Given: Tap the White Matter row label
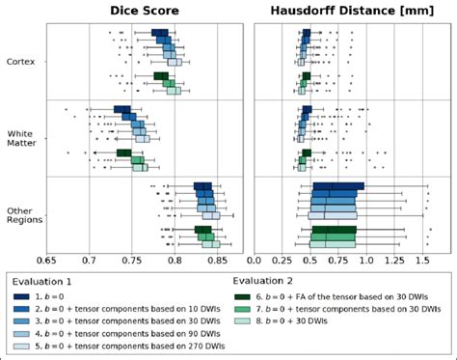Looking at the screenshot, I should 21,137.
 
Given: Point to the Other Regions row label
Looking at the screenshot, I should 23,213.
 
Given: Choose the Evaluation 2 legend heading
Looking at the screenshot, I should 263,281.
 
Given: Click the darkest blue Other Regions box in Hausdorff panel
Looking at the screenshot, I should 338,186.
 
